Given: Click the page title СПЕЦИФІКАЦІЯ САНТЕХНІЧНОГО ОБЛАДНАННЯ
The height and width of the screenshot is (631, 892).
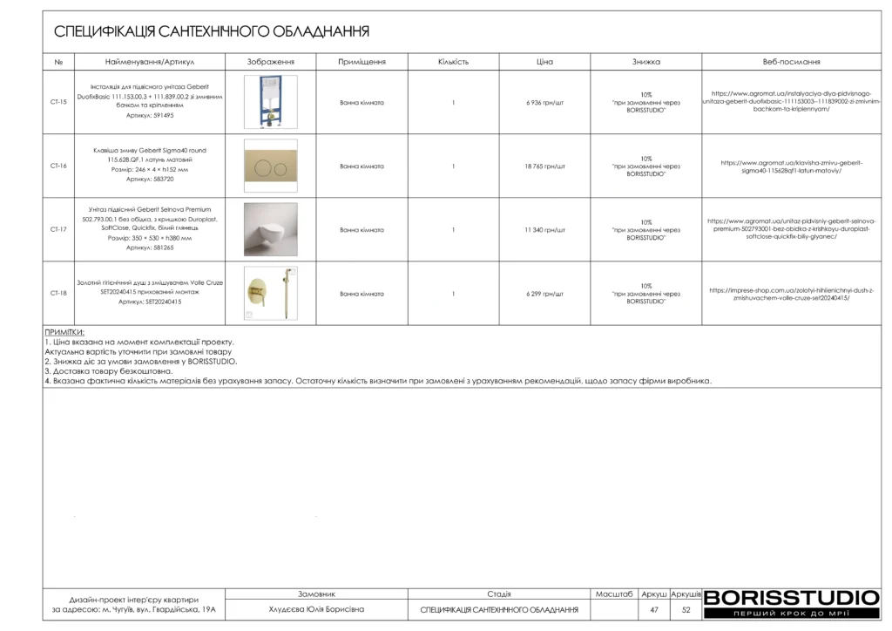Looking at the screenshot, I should pyautogui.click(x=212, y=32).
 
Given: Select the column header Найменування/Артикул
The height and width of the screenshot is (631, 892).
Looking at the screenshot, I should pyautogui.click(x=150, y=63).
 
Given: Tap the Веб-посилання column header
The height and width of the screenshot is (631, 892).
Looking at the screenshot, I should pyautogui.click(x=791, y=63).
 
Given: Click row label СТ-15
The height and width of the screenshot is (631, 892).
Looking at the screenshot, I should pyautogui.click(x=58, y=102).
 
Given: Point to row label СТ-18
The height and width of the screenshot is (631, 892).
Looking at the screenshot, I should pyautogui.click(x=58, y=294).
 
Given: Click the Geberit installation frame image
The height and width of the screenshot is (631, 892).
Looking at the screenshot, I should pyautogui.click(x=270, y=102).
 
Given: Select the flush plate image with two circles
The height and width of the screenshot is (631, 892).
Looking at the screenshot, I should pyautogui.click(x=270, y=166).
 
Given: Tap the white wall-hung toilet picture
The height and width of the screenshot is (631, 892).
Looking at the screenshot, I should pyautogui.click(x=270, y=229).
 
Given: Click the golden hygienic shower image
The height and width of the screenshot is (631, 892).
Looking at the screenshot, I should pyautogui.click(x=270, y=294).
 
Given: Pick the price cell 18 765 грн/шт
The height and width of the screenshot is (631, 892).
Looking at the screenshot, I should pyautogui.click(x=545, y=166).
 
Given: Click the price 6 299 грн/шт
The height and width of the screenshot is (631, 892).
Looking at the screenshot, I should pyautogui.click(x=545, y=294).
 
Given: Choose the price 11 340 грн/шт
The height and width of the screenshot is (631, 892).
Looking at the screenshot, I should pyautogui.click(x=545, y=230).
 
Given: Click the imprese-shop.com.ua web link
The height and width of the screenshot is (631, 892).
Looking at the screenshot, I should pyautogui.click(x=791, y=294).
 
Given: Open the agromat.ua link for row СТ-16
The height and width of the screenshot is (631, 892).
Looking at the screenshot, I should pyautogui.click(x=791, y=166).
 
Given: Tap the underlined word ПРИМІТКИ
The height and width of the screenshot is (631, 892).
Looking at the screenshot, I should pyautogui.click(x=64, y=333).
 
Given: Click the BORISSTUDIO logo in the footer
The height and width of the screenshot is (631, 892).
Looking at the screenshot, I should pyautogui.click(x=791, y=599).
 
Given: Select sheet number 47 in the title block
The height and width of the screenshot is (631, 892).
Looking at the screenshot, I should pyautogui.click(x=654, y=610).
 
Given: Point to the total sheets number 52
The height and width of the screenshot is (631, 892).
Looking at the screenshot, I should pyautogui.click(x=686, y=610).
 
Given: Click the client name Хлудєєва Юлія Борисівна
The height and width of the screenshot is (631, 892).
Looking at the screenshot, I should pyautogui.click(x=316, y=610).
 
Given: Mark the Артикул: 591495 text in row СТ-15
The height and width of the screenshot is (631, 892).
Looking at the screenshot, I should pyautogui.click(x=150, y=115).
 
